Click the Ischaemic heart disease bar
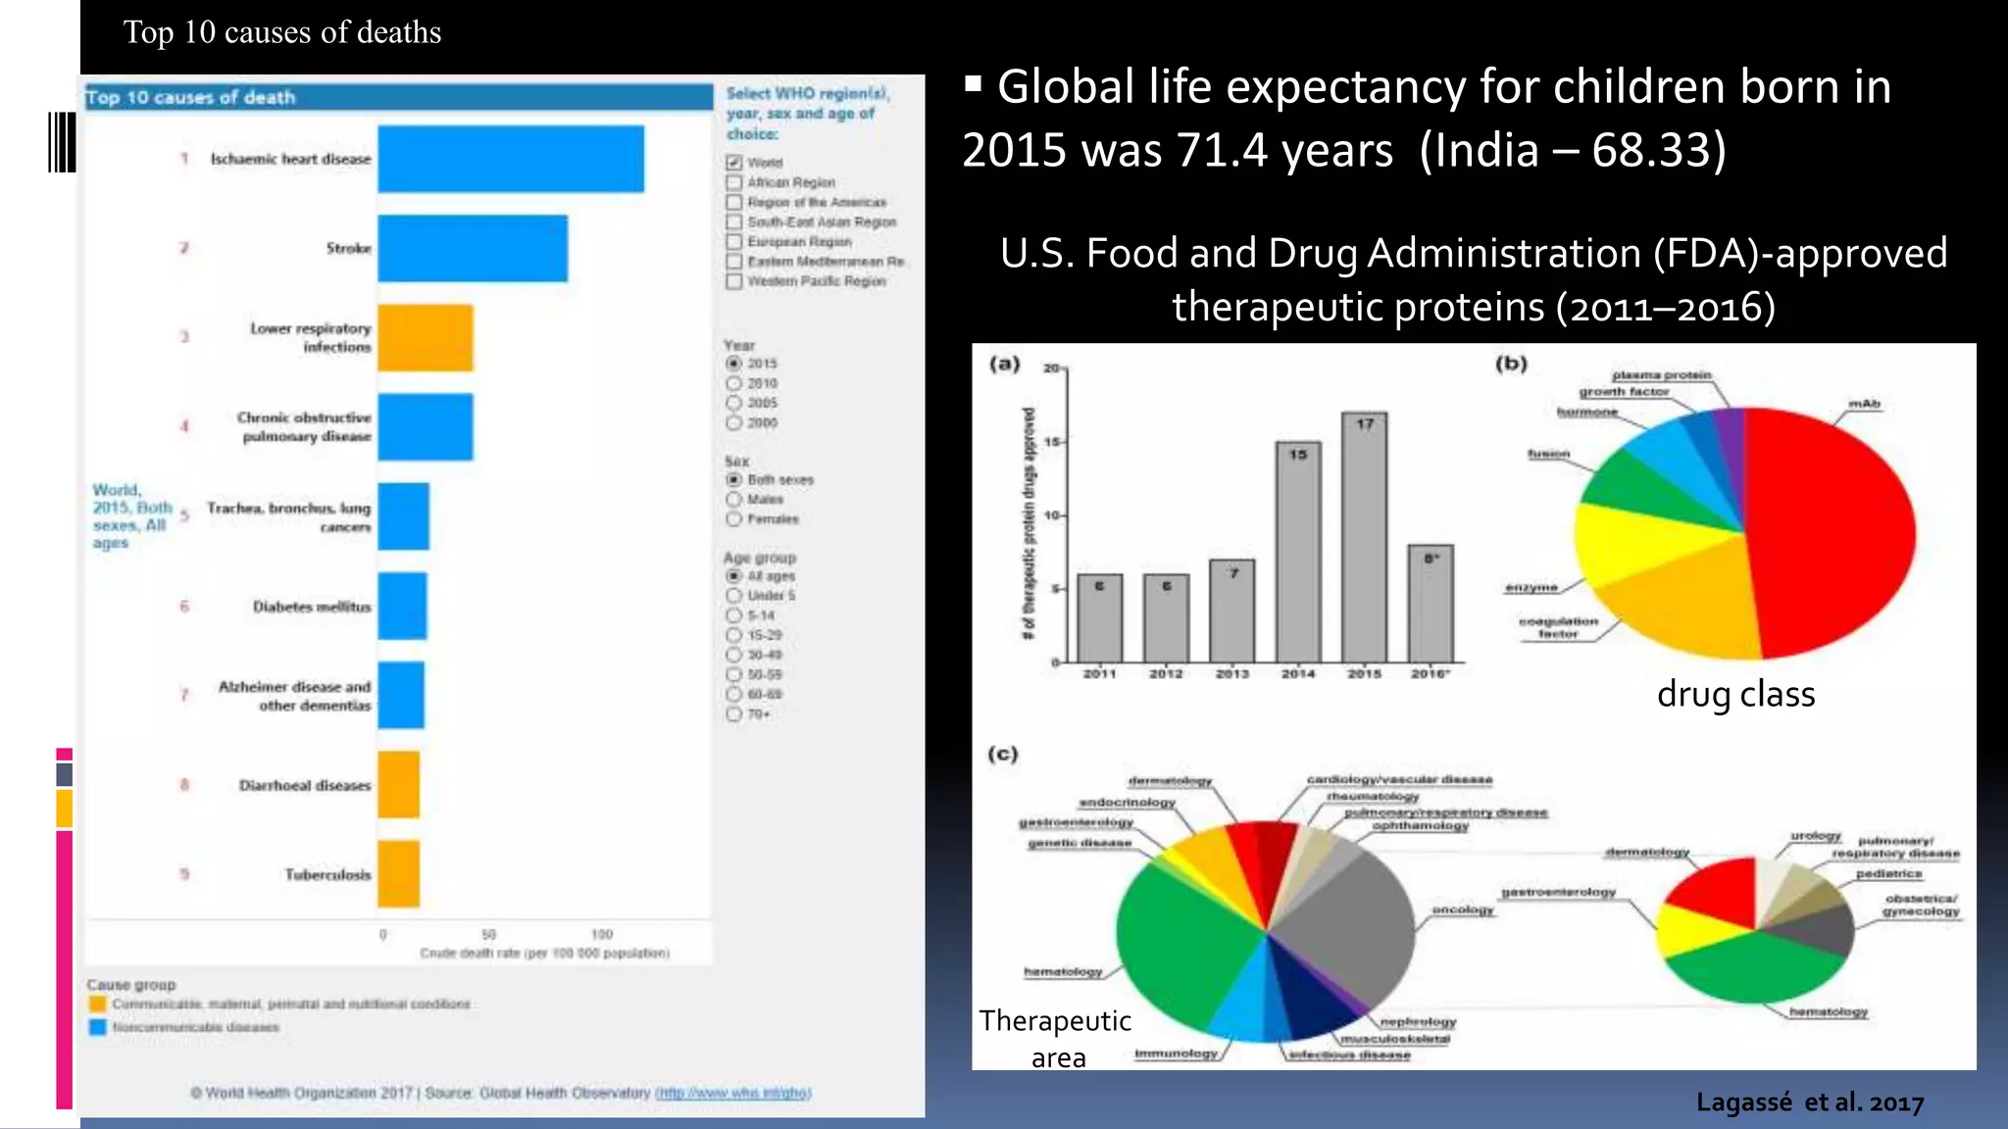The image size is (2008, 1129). click(x=510, y=159)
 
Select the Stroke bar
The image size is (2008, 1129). click(x=472, y=248)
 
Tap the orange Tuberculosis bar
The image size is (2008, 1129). click(x=398, y=873)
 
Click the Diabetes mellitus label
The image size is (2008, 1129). click(x=312, y=607)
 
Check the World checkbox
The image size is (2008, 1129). click(x=733, y=163)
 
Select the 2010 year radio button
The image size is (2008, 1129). click(x=733, y=383)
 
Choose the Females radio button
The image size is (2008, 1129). click(x=733, y=518)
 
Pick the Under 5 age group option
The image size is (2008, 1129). click(x=733, y=595)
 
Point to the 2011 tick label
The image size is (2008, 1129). click(x=1099, y=674)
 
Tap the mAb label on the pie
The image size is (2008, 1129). click(x=1864, y=404)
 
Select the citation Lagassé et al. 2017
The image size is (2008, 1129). click(x=1810, y=1103)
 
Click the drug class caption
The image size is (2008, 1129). click(x=1735, y=694)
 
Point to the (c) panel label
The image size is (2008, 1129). click(x=1002, y=754)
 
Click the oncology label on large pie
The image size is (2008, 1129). click(x=1463, y=909)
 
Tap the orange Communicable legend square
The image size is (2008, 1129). click(x=97, y=1004)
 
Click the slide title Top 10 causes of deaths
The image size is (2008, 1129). click(x=282, y=32)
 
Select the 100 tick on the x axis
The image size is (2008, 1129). click(x=602, y=934)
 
